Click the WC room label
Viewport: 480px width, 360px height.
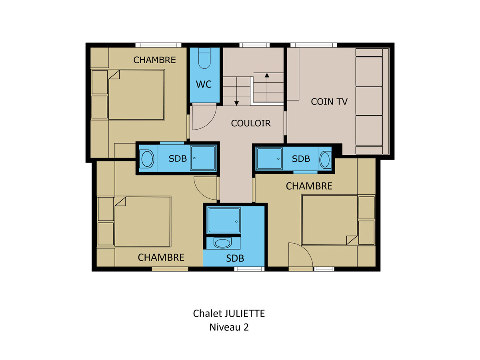(204, 84)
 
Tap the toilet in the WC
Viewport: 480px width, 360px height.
(204, 58)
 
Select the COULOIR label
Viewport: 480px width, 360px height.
(251, 123)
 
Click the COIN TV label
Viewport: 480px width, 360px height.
(329, 102)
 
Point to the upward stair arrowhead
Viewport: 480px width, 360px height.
(267, 75)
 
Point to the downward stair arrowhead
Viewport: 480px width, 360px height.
(236, 103)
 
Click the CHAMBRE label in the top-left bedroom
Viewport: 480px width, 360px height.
(155, 60)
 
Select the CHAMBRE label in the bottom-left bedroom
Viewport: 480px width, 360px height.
(161, 257)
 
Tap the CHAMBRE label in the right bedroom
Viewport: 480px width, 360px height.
(309, 186)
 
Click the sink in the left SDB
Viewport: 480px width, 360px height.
(147, 159)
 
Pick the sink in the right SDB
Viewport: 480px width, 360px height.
(325, 160)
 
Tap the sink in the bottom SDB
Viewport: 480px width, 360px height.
(222, 243)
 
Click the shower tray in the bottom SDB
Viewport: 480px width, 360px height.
(224, 220)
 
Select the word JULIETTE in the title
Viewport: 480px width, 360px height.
(244, 314)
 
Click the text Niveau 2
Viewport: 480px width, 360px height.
(229, 327)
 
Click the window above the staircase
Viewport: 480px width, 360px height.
(254, 45)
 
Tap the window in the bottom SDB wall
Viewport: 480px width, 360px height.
(249, 269)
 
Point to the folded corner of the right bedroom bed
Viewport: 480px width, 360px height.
(352, 240)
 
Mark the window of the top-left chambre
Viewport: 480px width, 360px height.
(158, 45)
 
